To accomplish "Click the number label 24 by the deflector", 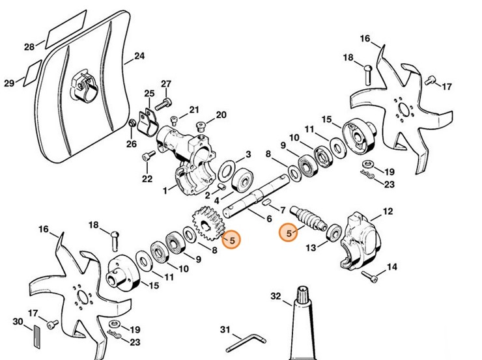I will point(139,57).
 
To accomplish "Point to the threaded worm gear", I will point(311,219).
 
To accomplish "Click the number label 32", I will point(276,297).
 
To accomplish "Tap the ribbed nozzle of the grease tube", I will point(304,296).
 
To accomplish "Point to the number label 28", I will point(29,47).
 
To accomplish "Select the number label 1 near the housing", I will point(165,191).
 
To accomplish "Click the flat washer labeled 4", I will point(226,172).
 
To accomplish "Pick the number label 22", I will point(147,178).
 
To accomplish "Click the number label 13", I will point(311,248).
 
